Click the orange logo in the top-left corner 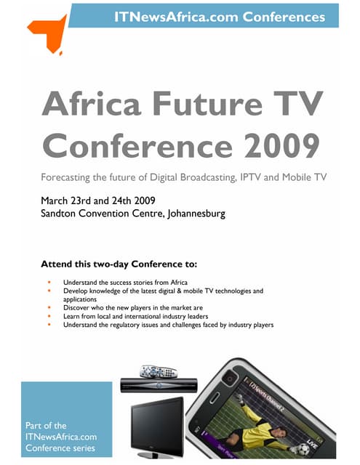45,33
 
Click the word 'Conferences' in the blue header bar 286,15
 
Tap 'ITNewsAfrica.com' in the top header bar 177,15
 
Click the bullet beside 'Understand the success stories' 48,282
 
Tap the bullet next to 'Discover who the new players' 48,307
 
